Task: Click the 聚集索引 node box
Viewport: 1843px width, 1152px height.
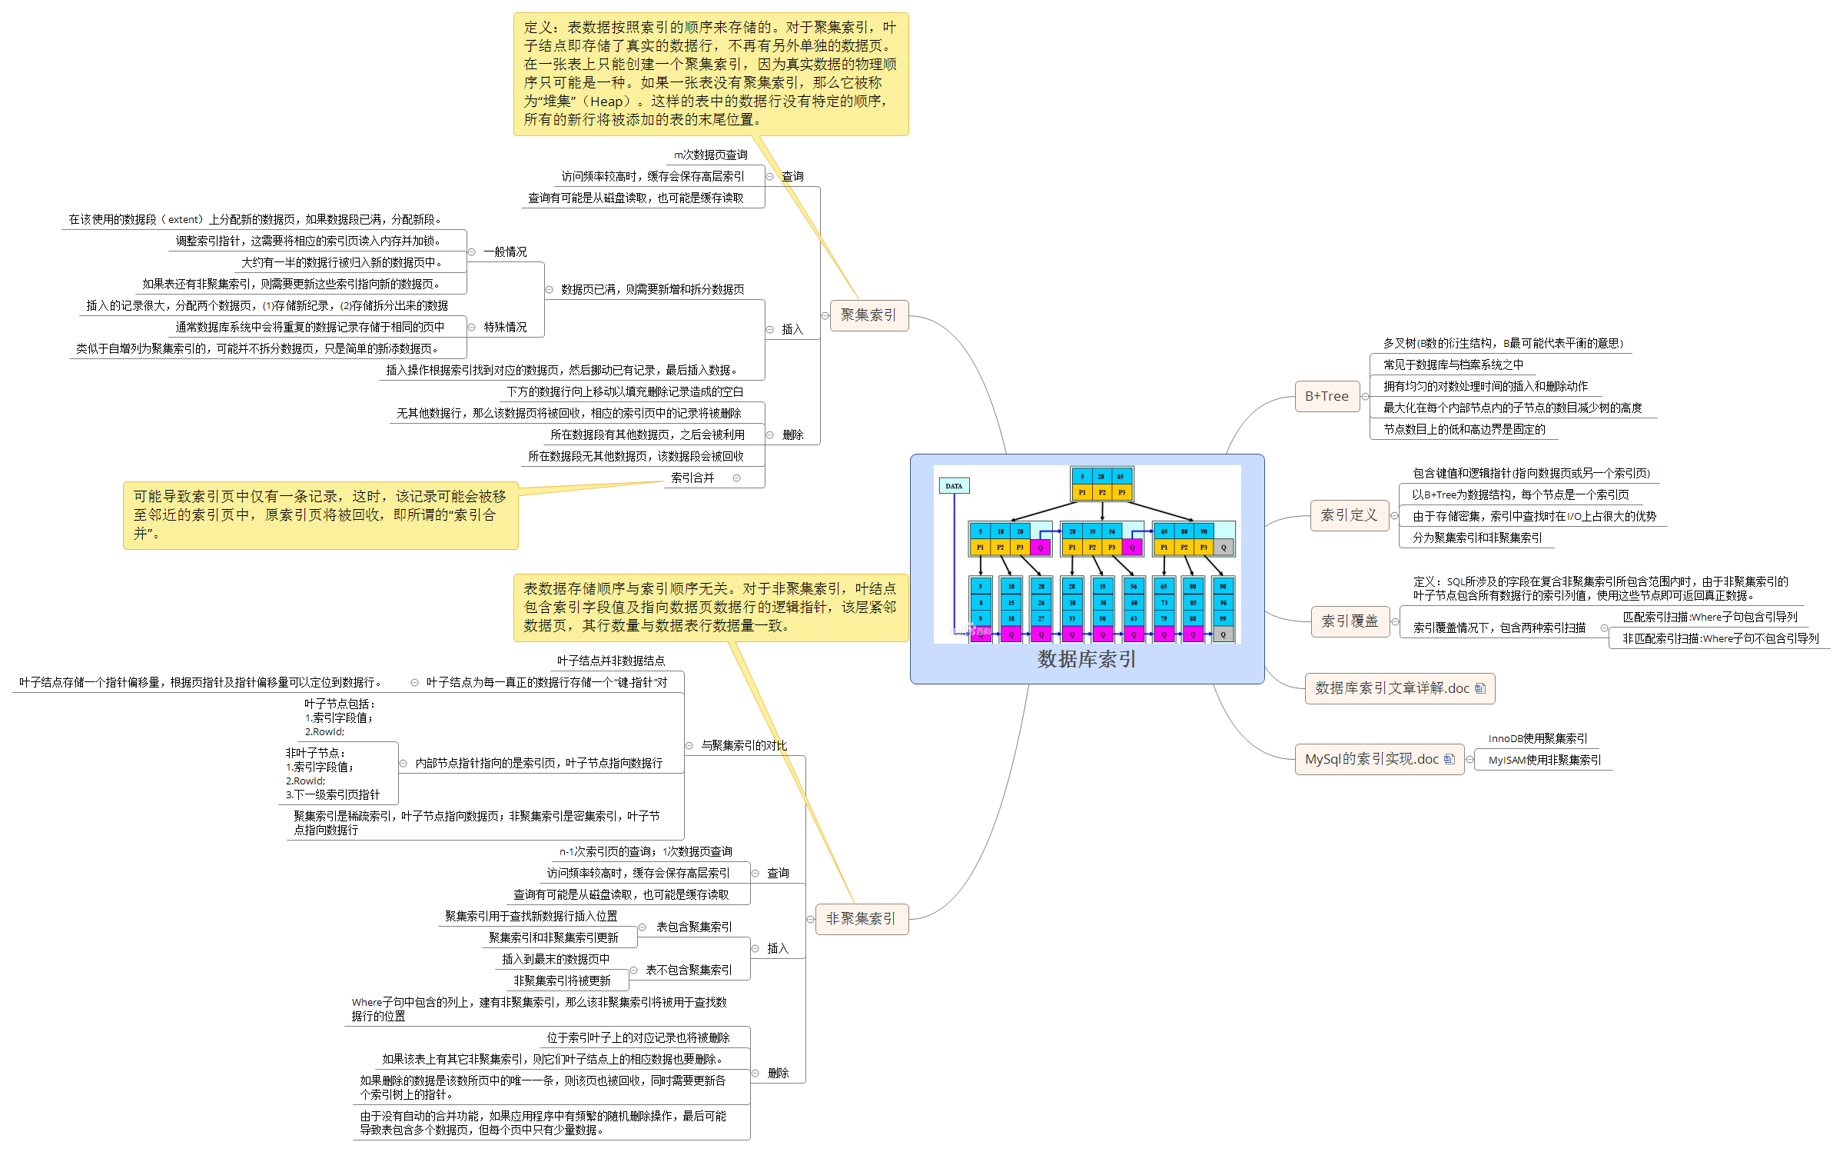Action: [x=868, y=315]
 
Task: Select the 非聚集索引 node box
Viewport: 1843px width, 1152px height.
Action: [x=861, y=919]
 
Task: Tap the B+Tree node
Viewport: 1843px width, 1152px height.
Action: [x=1327, y=397]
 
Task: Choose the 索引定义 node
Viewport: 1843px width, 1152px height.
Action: [x=1349, y=515]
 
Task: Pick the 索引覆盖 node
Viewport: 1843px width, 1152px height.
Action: [x=1350, y=621]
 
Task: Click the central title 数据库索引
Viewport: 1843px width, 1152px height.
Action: [x=1087, y=659]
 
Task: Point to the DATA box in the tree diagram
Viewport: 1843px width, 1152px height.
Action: [x=954, y=486]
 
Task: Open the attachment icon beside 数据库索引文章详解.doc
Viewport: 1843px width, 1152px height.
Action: [x=1480, y=688]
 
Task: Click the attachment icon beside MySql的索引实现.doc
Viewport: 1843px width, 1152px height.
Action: [x=1449, y=759]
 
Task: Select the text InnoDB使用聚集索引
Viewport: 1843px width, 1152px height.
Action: [x=1537, y=738]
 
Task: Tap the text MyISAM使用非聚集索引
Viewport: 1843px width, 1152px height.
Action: [x=1545, y=760]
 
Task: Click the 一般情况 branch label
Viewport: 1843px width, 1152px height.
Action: [x=505, y=252]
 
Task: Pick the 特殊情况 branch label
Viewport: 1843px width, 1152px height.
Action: [x=505, y=328]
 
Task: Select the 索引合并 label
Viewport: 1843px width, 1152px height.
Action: [x=692, y=478]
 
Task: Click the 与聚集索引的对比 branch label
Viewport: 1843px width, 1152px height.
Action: [x=744, y=745]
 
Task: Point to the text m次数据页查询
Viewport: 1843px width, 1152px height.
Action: [x=710, y=155]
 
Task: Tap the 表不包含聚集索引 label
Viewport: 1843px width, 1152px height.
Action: [x=689, y=971]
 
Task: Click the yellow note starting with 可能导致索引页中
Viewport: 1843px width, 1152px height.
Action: [x=320, y=515]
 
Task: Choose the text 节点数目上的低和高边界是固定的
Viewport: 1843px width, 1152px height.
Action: [x=1464, y=429]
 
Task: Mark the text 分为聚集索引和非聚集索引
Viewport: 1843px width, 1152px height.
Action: [x=1477, y=538]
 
